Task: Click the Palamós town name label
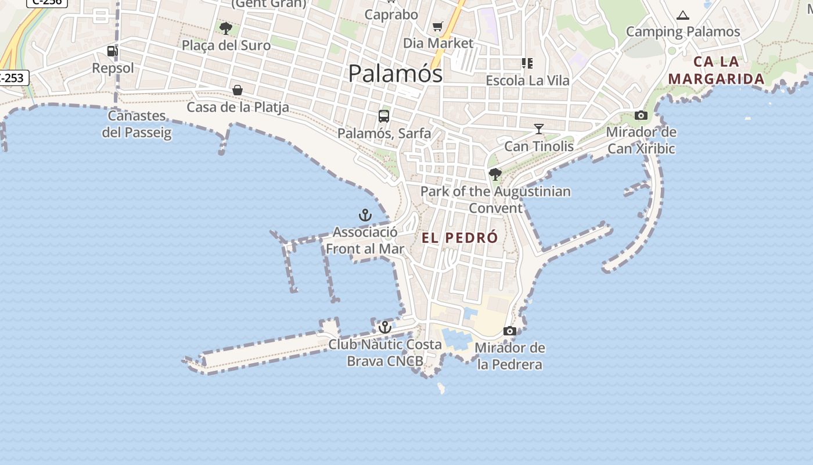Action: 395,74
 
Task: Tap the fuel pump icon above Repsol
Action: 113,52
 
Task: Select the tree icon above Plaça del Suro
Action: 226,28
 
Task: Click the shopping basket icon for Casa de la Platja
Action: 238,90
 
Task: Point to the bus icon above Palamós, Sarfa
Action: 384,116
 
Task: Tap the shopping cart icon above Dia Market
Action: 438,26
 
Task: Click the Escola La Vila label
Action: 527,80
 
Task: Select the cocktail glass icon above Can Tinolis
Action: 539,128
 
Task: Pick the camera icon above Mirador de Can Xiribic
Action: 641,115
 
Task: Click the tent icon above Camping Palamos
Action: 683,15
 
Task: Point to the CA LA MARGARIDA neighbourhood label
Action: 716,70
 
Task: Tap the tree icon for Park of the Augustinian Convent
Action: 495,174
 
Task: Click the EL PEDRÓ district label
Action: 459,238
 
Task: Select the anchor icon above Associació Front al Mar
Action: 365,216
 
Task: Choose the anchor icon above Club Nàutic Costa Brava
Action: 385,327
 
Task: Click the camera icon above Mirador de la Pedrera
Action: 510,331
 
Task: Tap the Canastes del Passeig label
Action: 137,124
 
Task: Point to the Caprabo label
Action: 391,15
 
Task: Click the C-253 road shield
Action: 13,77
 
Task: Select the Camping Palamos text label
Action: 683,32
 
